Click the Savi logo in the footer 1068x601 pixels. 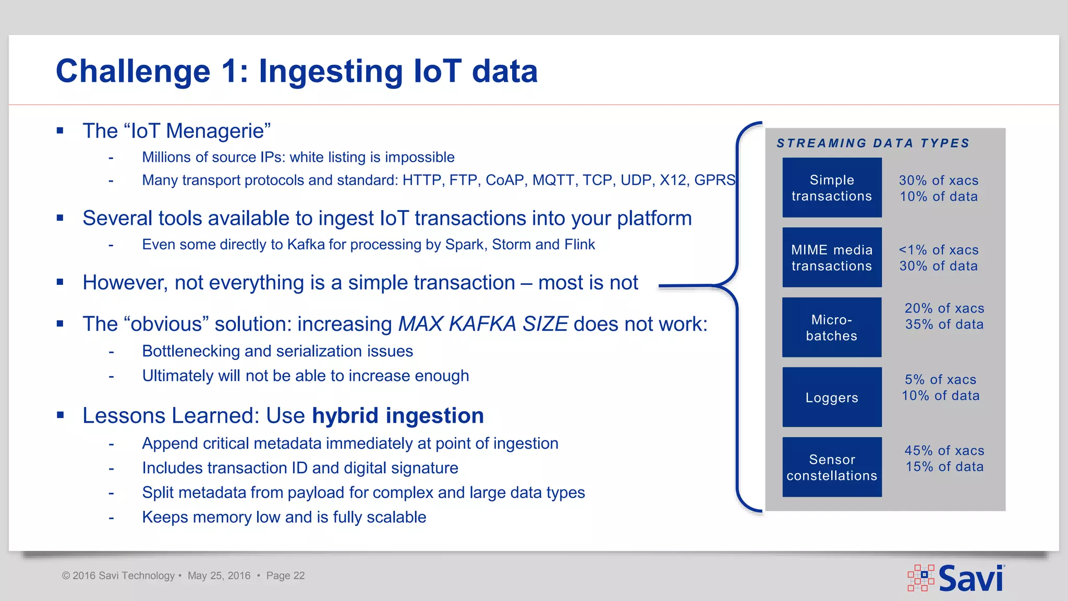click(x=956, y=578)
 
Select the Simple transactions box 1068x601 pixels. click(x=832, y=188)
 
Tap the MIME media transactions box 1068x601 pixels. click(x=832, y=258)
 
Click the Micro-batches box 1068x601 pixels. click(x=832, y=328)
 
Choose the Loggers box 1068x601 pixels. click(x=832, y=398)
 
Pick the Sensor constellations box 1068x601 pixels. click(x=832, y=467)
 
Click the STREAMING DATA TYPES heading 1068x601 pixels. click(x=873, y=143)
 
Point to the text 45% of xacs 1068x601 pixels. click(x=944, y=451)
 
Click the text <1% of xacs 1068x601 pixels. click(x=938, y=250)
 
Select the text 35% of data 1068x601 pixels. click(x=944, y=324)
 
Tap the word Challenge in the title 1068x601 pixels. click(x=133, y=71)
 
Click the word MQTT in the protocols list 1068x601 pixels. click(x=553, y=181)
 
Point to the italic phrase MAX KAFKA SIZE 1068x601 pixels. click(x=483, y=324)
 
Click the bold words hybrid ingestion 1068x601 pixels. click(x=398, y=416)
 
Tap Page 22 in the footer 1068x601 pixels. click(x=285, y=576)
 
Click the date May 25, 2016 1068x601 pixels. click(x=219, y=576)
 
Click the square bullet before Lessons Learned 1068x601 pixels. click(x=60, y=415)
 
